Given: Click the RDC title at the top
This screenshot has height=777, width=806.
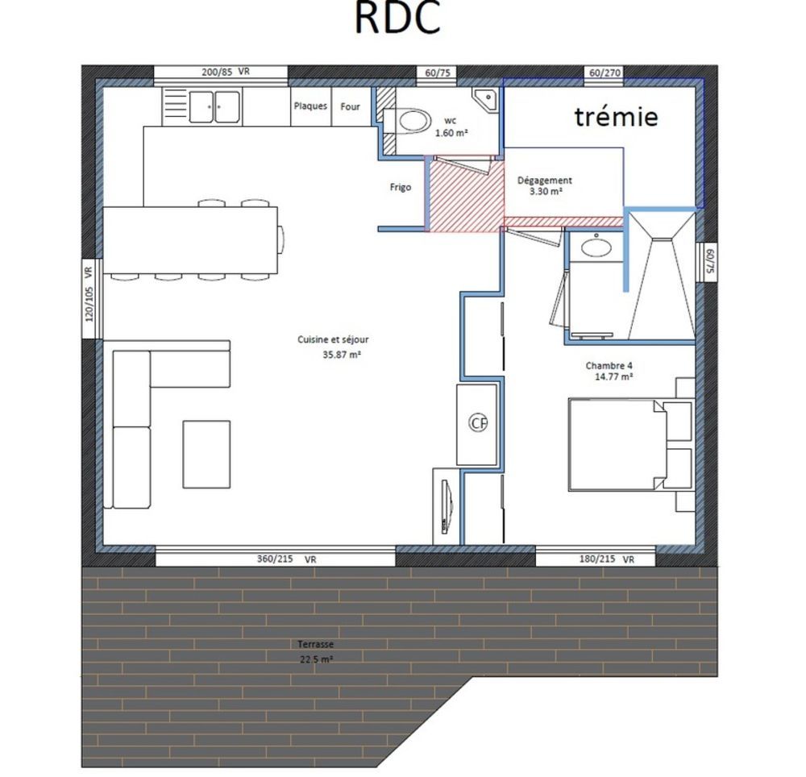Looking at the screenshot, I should click(397, 18).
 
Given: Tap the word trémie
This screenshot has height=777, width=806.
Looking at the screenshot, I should click(616, 117).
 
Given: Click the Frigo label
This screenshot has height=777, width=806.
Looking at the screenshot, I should click(400, 187).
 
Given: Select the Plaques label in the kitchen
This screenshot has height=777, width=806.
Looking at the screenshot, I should click(310, 106).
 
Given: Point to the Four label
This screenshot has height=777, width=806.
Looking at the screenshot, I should click(350, 106).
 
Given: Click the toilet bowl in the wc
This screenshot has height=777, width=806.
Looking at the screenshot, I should click(414, 122).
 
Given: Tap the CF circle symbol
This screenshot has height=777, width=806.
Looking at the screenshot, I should click(479, 422).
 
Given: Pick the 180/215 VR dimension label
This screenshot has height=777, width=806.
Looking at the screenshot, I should click(607, 558).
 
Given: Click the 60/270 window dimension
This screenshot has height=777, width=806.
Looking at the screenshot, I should click(604, 73).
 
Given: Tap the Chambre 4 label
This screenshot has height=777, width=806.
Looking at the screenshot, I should click(609, 370).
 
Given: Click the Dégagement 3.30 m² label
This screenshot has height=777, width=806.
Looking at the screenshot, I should click(545, 186).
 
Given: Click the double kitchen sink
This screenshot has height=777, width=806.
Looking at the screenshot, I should click(214, 106).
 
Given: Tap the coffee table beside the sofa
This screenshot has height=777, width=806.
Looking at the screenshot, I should click(206, 454).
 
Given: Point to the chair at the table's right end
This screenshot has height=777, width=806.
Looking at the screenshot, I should click(280, 239).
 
